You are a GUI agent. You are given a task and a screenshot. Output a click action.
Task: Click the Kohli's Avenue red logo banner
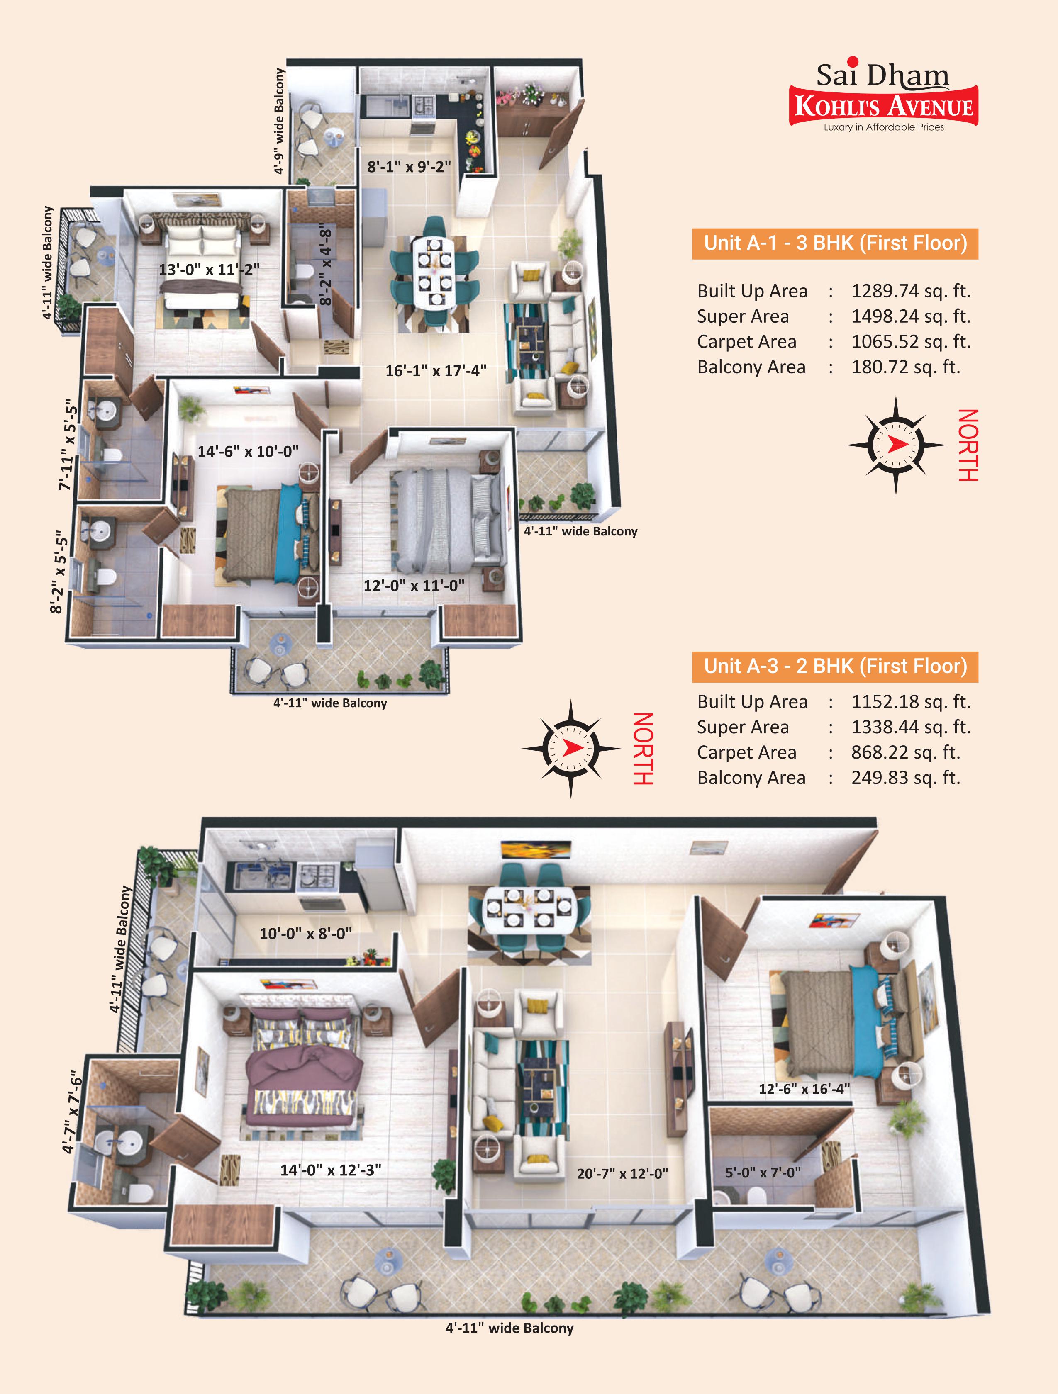pos(883,106)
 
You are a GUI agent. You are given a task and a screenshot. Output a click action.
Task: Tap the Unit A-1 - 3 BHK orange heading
pos(835,243)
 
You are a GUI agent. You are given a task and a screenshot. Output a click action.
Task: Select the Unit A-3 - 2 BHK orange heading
pos(835,667)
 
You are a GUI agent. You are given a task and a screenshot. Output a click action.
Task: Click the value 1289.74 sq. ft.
pos(910,291)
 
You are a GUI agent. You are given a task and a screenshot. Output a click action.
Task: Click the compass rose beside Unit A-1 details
pos(896,445)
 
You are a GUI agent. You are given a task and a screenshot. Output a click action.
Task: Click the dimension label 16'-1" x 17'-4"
pos(436,370)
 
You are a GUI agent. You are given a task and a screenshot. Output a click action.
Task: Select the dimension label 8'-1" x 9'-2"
pos(409,166)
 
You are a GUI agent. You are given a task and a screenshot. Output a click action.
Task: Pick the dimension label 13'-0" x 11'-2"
pos(209,270)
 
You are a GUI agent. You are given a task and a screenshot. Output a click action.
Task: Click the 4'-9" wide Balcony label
pos(279,121)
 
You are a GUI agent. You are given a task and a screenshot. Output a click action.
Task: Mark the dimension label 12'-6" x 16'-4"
pos(804,1089)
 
